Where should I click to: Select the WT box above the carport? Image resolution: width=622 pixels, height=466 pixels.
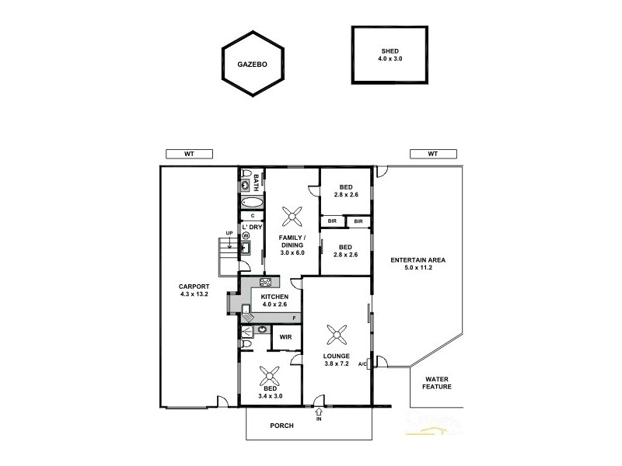188,154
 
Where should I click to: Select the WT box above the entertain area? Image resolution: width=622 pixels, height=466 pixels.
432,154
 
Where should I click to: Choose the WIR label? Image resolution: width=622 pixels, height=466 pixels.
285,337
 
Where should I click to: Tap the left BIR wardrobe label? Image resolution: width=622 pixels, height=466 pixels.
332,221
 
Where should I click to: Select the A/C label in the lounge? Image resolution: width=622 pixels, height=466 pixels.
362,364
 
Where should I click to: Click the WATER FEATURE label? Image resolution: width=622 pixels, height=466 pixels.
437,382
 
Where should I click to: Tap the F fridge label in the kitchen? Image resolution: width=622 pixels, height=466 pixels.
294,318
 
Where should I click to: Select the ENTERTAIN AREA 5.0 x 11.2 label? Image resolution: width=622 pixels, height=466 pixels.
418,264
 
